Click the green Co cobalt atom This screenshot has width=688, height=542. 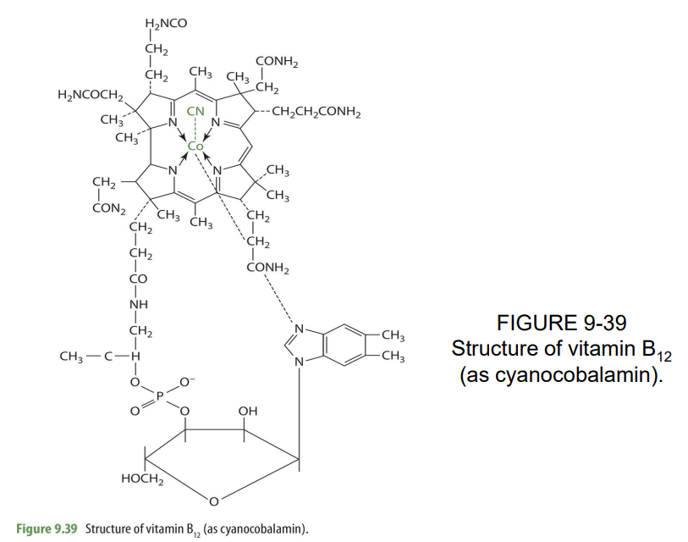click(x=195, y=146)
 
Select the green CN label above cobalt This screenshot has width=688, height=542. click(x=195, y=111)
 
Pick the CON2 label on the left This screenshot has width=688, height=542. click(x=109, y=209)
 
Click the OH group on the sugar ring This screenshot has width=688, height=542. click(x=247, y=411)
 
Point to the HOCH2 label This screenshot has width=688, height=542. click(x=142, y=480)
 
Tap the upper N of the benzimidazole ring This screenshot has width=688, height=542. click(x=299, y=329)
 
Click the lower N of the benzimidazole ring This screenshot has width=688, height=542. click(x=299, y=363)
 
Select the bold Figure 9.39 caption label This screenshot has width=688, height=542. click(x=47, y=529)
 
